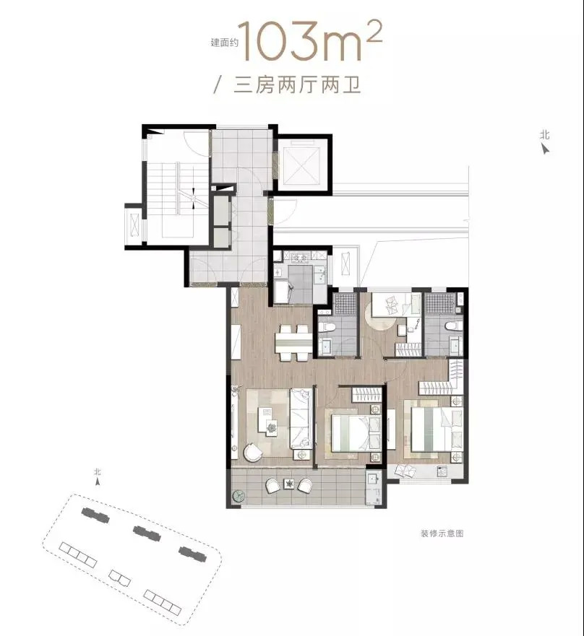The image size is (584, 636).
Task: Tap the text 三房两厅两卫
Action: click(x=297, y=86)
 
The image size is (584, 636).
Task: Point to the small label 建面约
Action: click(x=224, y=43)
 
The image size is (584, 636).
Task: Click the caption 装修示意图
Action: click(x=442, y=533)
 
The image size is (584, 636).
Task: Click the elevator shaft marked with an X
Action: click(x=301, y=162)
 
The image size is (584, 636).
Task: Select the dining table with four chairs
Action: click(x=293, y=343)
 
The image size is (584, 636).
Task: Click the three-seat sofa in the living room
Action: click(x=301, y=419)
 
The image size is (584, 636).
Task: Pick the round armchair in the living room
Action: click(x=254, y=451)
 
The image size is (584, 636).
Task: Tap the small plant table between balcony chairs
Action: click(x=289, y=484)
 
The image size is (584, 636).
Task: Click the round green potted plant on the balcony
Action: click(x=239, y=496)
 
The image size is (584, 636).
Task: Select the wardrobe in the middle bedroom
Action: click(x=366, y=395)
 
